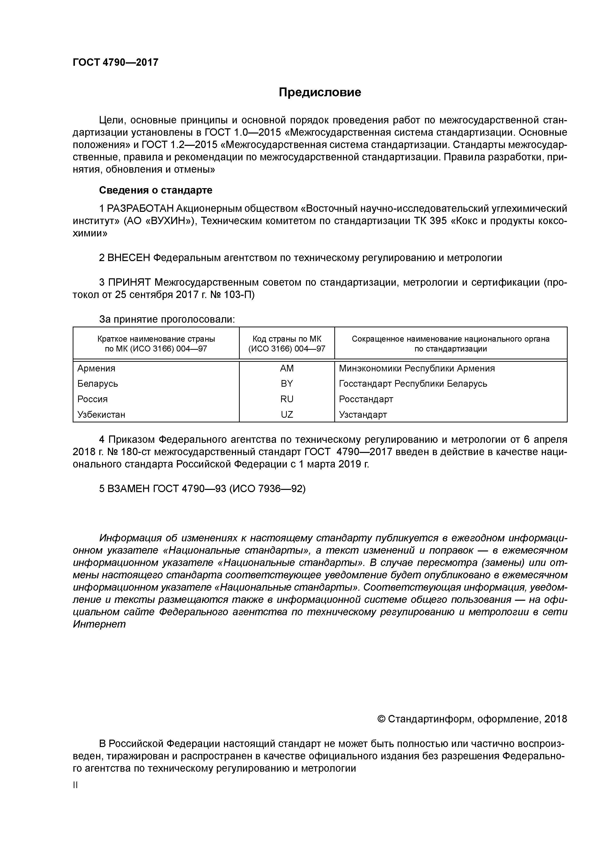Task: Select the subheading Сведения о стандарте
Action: pyautogui.click(x=155, y=190)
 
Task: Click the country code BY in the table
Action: pyautogui.click(x=287, y=383)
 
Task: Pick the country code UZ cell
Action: pyautogui.click(x=287, y=414)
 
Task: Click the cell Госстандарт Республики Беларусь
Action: pyautogui.click(x=413, y=383)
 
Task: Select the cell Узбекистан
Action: pyautogui.click(x=101, y=414)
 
